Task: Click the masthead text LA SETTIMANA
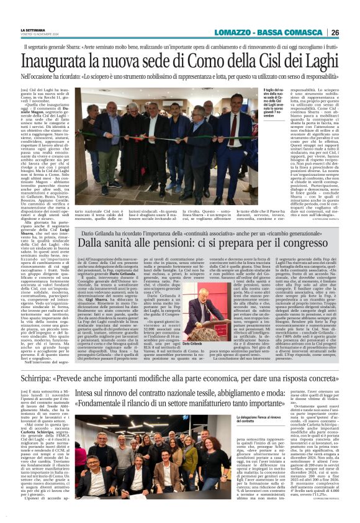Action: click(33, 30)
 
